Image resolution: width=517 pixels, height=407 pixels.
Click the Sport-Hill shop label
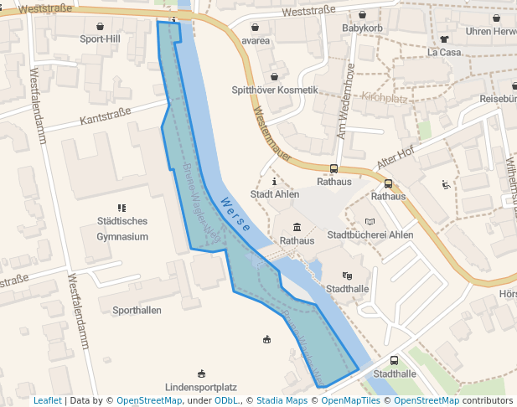[101, 39]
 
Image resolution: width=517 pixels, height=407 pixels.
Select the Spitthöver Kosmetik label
[275, 90]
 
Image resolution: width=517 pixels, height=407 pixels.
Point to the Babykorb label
[362, 28]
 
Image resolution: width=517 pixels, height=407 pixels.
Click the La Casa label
[443, 52]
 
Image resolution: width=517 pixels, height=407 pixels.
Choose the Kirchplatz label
[384, 98]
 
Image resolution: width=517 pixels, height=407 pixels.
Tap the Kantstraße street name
[106, 116]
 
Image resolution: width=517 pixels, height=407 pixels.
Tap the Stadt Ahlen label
[275, 194]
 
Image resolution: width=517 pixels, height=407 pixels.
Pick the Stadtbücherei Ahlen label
[370, 235]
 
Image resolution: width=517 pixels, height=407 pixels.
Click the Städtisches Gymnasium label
[122, 229]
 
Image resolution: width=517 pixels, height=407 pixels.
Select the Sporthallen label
[137, 310]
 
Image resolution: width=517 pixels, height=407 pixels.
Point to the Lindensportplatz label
[201, 387]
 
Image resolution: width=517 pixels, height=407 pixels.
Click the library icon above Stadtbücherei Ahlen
[370, 222]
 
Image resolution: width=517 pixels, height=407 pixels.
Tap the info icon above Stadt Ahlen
[274, 181]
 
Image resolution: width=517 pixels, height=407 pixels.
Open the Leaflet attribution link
[47, 400]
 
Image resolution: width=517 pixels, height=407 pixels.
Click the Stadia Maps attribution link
[282, 400]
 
